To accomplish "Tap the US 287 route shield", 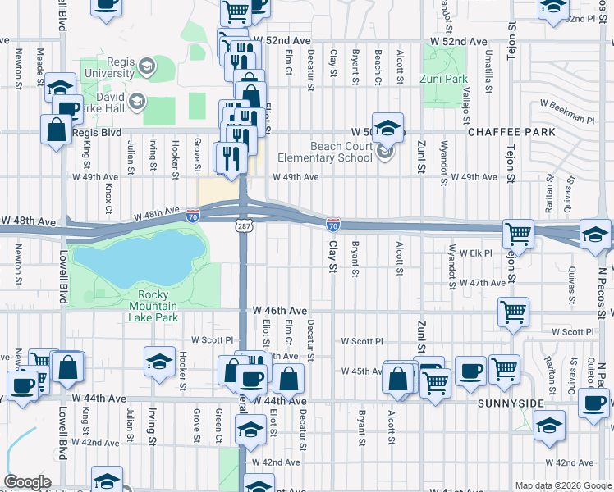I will point(244,224).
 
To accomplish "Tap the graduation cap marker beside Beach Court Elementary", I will point(387,128).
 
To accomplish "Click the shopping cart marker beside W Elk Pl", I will point(518,235).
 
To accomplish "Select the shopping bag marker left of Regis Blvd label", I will point(57,130).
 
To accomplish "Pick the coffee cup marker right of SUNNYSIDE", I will point(593,402).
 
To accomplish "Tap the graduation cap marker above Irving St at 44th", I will point(159,362).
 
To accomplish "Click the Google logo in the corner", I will point(27,482).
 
